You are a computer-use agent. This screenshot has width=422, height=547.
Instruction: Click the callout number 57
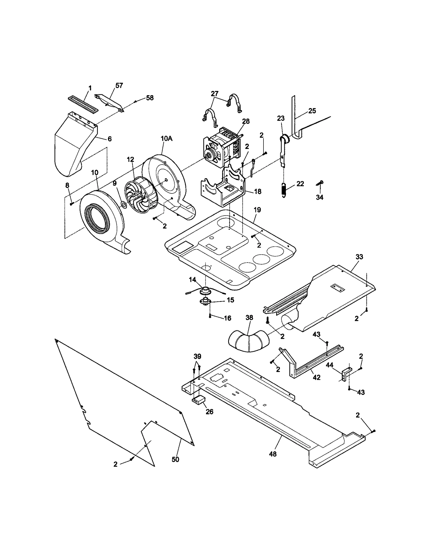(119, 85)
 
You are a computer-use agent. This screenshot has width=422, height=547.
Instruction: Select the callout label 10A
(167, 139)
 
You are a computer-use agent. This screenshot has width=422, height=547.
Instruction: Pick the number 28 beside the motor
(246, 122)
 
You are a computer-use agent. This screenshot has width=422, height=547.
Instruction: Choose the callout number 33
(359, 256)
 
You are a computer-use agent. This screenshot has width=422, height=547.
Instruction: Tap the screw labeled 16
(210, 316)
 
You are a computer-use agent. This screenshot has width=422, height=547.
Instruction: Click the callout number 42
(316, 377)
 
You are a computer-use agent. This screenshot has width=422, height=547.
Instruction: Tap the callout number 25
(312, 111)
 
